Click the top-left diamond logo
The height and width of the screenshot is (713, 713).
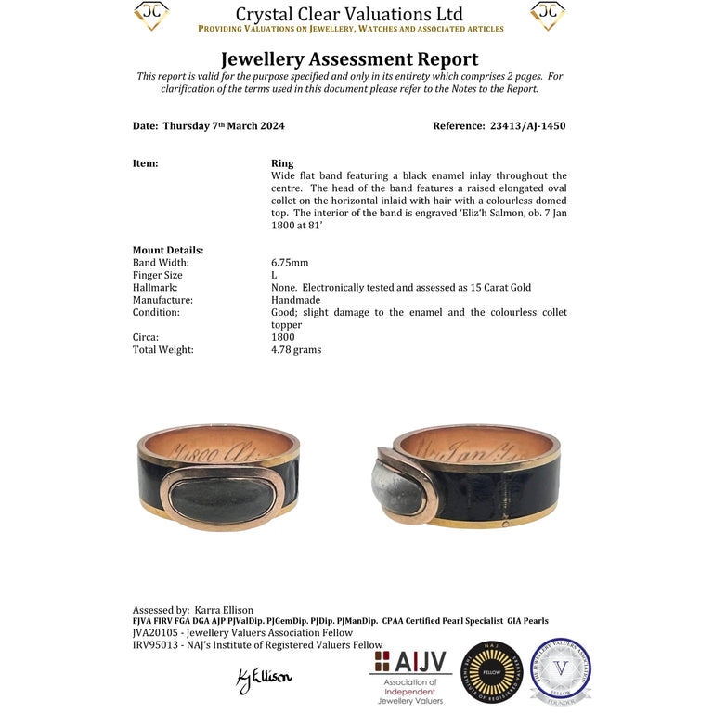151,15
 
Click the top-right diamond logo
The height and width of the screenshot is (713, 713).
548,15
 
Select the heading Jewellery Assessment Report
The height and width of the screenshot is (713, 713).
350,59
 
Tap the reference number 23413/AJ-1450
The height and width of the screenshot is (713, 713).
526,126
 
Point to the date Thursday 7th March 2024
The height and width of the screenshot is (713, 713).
224,126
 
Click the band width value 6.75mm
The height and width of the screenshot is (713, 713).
290,263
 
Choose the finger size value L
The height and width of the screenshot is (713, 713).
274,276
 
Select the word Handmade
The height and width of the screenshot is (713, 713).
296,300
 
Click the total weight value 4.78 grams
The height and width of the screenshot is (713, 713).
296,350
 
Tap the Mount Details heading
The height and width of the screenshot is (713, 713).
168,250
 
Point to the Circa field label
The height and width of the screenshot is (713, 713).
146,337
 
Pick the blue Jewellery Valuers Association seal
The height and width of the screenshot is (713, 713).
560,670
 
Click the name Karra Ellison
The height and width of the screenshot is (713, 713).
224,610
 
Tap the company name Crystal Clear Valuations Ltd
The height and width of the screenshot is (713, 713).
349,14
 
